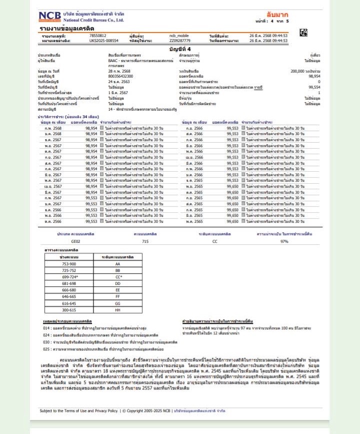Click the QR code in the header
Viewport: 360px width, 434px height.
click(303, 33)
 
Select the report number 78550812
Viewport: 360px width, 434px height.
click(97, 36)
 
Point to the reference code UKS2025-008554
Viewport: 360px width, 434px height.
click(103, 41)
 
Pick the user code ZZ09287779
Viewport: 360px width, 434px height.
click(180, 41)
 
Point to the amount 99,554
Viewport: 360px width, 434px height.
click(313, 87)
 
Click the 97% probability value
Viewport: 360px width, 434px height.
click(284, 241)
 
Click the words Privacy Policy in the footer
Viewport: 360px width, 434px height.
click(103, 410)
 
